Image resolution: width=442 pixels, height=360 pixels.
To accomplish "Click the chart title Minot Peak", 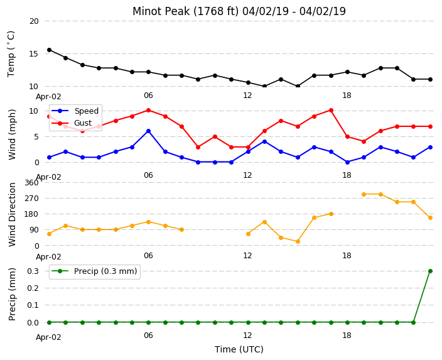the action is [161, 11].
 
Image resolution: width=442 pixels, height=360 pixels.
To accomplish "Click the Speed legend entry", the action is [75, 111].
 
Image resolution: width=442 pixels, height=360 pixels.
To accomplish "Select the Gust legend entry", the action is [72, 123].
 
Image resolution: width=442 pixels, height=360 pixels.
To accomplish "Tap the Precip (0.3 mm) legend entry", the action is [94, 271].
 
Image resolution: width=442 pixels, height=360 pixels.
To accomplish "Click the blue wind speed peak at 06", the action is [148, 131].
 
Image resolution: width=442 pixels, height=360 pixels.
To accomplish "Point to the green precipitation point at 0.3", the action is [430, 271].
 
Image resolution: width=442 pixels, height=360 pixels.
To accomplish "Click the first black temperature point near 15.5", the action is [50, 50].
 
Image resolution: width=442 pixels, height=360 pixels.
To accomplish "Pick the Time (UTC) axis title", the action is [239, 349].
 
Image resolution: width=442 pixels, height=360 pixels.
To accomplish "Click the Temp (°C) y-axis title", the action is [11, 54].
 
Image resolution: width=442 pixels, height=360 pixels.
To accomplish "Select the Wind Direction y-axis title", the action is [12, 214].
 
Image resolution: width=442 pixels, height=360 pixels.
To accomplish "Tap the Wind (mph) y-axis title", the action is [12, 134].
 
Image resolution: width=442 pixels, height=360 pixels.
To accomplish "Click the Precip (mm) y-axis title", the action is [12, 294].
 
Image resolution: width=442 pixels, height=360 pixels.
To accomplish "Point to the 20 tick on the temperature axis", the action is [34, 21].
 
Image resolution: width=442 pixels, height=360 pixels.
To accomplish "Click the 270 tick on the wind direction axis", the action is [31, 199].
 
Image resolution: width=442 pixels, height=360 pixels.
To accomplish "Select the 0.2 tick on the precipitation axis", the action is [33, 288].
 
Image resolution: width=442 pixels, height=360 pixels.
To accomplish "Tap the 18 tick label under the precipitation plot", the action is [347, 335].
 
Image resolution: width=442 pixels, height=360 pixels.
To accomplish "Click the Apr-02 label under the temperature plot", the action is [48, 97].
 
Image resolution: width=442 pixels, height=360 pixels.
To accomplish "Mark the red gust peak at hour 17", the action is [331, 111].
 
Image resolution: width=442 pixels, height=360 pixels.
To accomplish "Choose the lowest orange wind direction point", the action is [298, 241].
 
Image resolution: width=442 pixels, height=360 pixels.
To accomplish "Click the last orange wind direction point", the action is [430, 217].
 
